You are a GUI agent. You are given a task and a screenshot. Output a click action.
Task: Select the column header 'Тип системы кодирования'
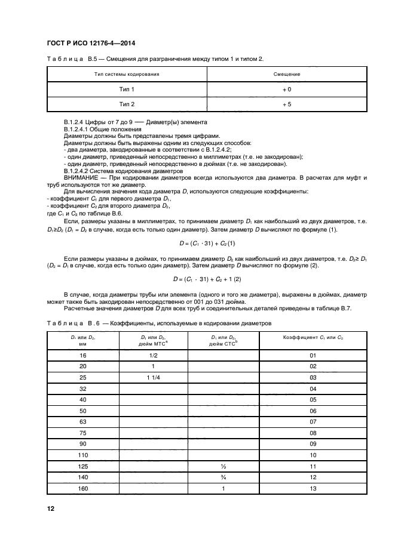[x=127, y=75]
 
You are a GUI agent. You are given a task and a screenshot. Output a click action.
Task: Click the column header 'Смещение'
[x=286, y=75]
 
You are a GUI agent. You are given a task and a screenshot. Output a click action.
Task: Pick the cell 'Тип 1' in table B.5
[x=127, y=89]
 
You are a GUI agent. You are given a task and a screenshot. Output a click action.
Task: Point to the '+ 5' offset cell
[x=286, y=104]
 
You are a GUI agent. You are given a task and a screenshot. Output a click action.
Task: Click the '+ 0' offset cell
[x=286, y=89]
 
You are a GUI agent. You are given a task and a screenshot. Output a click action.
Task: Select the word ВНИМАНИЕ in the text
[x=81, y=178]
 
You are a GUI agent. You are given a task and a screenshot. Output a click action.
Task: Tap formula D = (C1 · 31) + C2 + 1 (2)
[x=206, y=278]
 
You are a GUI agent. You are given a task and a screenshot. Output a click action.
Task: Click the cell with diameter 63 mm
[x=83, y=421]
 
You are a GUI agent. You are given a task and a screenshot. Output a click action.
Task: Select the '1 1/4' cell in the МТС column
[x=153, y=378]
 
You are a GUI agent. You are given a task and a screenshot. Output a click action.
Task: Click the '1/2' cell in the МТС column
[x=153, y=356]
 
